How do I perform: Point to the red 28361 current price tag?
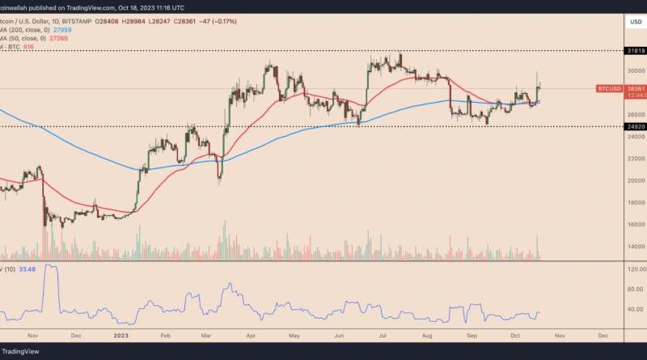pyautogui.click(x=635, y=87)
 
